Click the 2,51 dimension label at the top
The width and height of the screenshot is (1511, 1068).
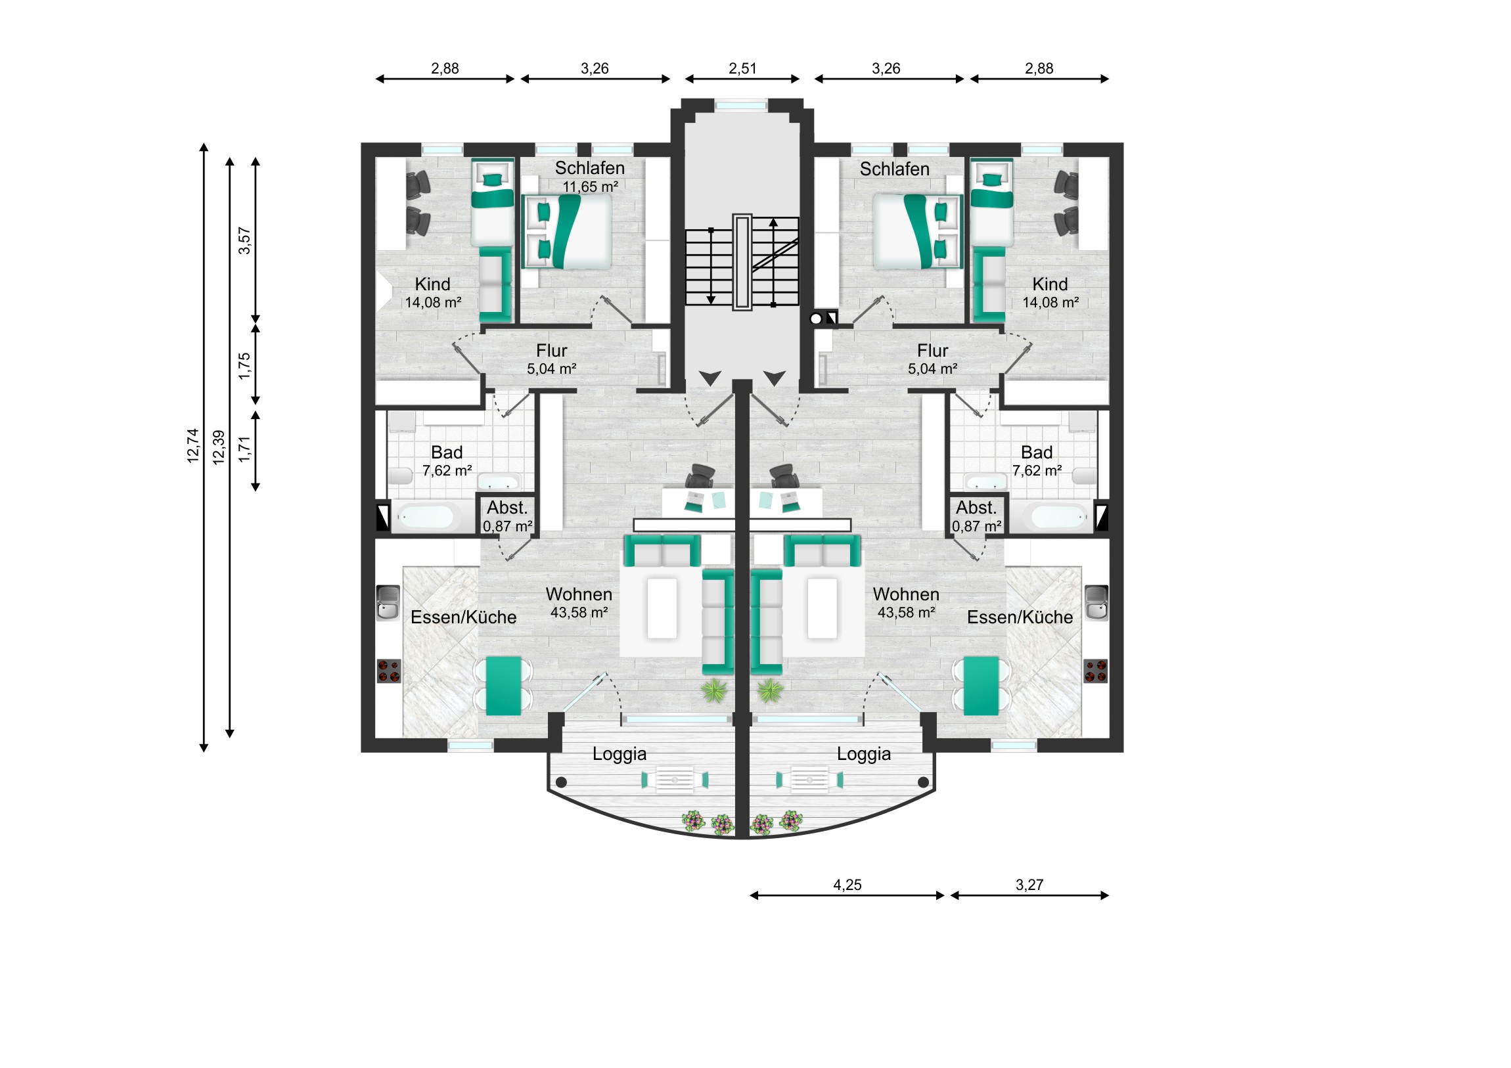click(x=742, y=68)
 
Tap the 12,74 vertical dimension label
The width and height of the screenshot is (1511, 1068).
click(x=193, y=446)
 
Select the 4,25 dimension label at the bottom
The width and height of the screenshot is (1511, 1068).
click(x=847, y=885)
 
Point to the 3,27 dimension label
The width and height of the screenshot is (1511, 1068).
click(x=1029, y=885)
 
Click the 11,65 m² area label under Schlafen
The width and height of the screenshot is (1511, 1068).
click(x=591, y=187)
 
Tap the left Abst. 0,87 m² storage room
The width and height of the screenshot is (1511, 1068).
click(x=507, y=516)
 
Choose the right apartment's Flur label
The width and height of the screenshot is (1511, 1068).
click(x=932, y=351)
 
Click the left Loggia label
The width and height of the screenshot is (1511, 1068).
click(x=620, y=754)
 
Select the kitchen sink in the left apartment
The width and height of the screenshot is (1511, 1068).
click(x=388, y=603)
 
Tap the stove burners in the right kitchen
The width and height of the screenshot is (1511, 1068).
click(x=1095, y=671)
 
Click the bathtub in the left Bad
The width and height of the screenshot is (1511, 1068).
click(x=425, y=517)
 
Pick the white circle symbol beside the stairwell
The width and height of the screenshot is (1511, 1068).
click(x=816, y=319)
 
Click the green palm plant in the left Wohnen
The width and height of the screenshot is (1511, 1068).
click(x=714, y=691)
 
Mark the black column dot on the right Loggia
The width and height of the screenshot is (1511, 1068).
click(x=923, y=782)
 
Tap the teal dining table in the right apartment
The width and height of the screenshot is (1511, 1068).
click(x=981, y=686)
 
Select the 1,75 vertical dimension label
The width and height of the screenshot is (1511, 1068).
click(x=245, y=366)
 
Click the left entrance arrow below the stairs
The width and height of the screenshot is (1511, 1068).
click(x=710, y=378)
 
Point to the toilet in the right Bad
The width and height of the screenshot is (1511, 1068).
click(x=1085, y=476)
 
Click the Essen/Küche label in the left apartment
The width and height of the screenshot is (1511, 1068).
click(x=463, y=617)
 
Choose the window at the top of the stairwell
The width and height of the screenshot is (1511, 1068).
click(x=742, y=105)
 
